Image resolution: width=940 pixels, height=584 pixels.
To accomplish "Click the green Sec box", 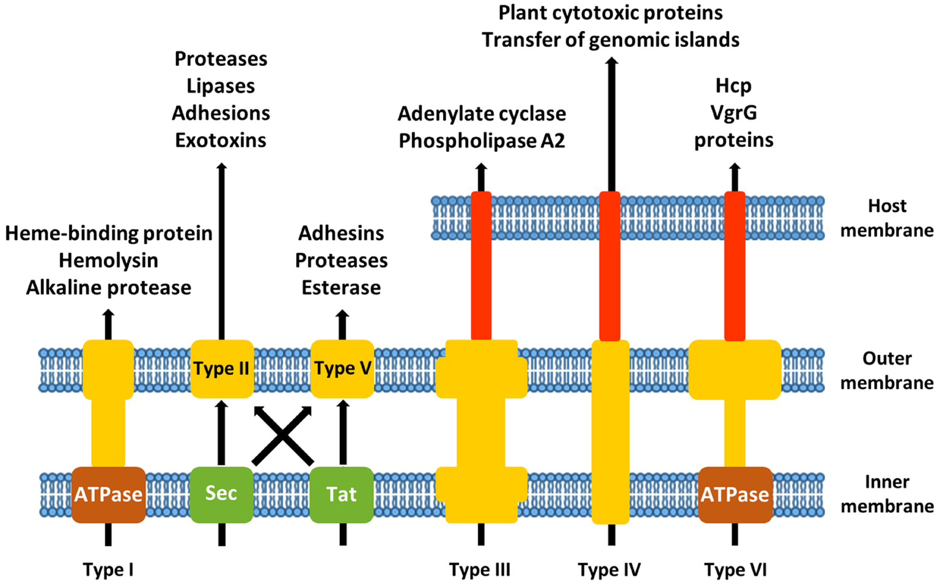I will pyautogui.click(x=221, y=494).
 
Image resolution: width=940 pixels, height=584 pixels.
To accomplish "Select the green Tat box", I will pyautogui.click(x=342, y=494).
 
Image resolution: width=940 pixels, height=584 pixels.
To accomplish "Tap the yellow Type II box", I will pyautogui.click(x=222, y=369).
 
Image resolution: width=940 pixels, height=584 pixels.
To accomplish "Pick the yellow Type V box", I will pyautogui.click(x=342, y=369).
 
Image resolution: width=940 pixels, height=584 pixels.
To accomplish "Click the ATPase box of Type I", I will pyautogui.click(x=108, y=494).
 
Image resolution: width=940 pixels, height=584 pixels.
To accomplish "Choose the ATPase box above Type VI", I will pyautogui.click(x=735, y=494).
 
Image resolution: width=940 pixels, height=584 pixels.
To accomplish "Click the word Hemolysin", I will pyautogui.click(x=108, y=260).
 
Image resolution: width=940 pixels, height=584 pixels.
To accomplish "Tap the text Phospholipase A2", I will pyautogui.click(x=482, y=141).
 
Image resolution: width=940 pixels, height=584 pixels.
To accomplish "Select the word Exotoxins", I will pyautogui.click(x=221, y=141).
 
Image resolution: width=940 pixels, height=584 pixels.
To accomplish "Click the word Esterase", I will pyautogui.click(x=341, y=287).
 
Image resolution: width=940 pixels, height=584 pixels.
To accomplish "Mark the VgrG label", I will pyautogui.click(x=734, y=113).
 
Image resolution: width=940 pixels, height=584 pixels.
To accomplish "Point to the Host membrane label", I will pyautogui.click(x=886, y=218).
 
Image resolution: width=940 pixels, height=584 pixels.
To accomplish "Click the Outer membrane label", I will pyautogui.click(x=886, y=370).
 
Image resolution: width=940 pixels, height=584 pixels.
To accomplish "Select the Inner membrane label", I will pyautogui.click(x=886, y=494).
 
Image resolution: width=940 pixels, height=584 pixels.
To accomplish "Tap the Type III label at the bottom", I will pyautogui.click(x=480, y=570).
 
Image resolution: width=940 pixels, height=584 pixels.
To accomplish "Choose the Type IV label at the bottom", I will pyautogui.click(x=609, y=570).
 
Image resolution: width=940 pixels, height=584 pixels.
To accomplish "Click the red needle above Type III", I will pyautogui.click(x=481, y=265).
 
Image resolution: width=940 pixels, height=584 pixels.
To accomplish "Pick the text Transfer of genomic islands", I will pyautogui.click(x=611, y=40).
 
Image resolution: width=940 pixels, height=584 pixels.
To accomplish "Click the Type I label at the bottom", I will pyautogui.click(x=108, y=570).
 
